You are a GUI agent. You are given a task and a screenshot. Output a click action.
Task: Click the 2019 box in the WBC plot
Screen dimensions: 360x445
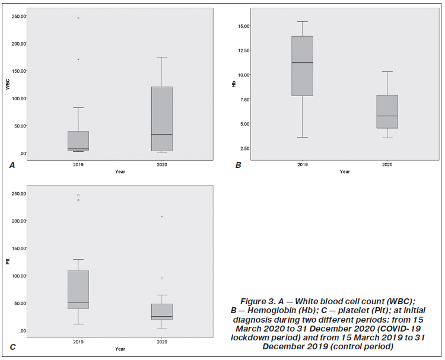point(78,141)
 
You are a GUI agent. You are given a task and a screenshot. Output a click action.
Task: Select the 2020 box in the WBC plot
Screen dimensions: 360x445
point(162,119)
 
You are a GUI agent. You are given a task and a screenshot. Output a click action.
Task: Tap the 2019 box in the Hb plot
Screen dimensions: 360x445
point(303,66)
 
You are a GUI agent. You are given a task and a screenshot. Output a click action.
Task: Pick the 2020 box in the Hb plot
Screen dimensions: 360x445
point(387,111)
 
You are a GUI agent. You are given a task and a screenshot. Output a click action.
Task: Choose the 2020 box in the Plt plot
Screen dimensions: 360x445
point(162,312)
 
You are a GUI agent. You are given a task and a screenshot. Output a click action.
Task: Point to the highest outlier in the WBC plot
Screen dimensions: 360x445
point(78,18)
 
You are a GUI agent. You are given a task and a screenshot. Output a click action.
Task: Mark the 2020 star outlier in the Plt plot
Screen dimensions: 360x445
point(162,216)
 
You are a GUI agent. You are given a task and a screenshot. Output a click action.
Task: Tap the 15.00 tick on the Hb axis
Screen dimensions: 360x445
point(243,26)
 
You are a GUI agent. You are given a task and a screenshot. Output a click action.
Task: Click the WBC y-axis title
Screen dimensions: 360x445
point(8,84)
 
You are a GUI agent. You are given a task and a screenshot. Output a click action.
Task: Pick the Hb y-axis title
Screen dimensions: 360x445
point(234,84)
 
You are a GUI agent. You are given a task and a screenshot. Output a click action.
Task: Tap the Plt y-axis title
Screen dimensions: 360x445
point(8,262)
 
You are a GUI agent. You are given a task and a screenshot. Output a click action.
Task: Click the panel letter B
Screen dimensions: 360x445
point(239,165)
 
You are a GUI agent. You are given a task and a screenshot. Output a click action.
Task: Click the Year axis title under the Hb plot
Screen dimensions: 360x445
point(345,172)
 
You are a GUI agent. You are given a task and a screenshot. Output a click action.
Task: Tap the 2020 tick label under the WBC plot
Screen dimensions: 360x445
point(162,165)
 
